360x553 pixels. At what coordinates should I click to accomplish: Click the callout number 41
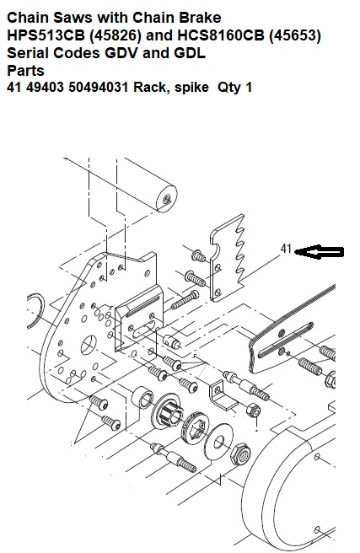coord(286,249)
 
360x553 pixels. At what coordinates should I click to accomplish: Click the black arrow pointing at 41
coord(319,252)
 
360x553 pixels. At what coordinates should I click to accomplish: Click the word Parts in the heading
coord(25,71)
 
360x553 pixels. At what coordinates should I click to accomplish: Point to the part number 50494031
coord(99,87)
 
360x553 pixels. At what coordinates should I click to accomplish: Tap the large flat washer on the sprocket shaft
coord(218,442)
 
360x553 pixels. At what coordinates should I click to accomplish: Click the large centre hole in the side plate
coord(89,345)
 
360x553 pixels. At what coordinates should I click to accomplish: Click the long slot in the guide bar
coord(286,340)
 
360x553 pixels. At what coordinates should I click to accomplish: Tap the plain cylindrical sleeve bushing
coord(142,397)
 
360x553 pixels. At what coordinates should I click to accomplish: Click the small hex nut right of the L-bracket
coord(253,411)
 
